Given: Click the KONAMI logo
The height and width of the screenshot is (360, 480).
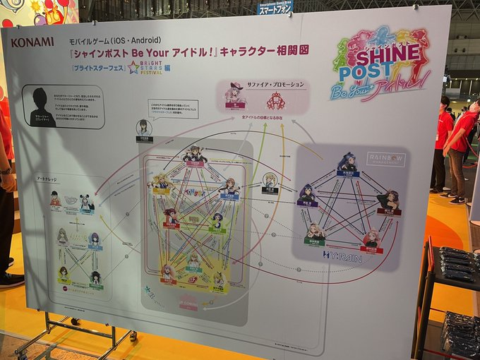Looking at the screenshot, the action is (x=32, y=42).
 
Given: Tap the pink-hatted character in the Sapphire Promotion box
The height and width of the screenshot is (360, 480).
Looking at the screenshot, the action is (x=235, y=95).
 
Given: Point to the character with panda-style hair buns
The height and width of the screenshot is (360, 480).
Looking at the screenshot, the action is (x=85, y=203).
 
